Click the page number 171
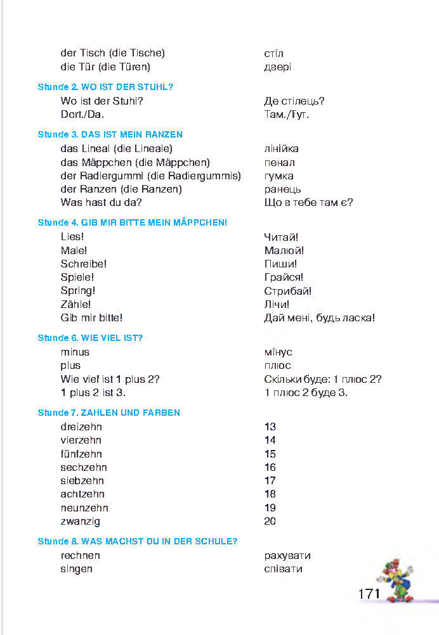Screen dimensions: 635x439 [x=369, y=594]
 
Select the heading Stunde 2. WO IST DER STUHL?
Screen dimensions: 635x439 [x=106, y=87]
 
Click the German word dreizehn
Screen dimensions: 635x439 [x=81, y=427]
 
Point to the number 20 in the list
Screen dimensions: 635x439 [x=270, y=522]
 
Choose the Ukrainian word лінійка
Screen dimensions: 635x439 [x=281, y=148]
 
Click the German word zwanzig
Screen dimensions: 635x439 [x=81, y=522]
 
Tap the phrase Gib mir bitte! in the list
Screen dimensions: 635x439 [x=91, y=317]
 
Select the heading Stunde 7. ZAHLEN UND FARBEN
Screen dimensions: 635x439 [x=109, y=413]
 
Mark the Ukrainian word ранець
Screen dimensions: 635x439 [x=282, y=189]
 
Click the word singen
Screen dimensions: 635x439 [x=77, y=568]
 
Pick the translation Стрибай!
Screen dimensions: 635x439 [x=287, y=291]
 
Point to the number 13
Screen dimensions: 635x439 [x=270, y=427]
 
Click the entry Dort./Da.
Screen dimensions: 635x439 [x=82, y=114]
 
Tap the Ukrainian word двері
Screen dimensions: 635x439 [x=278, y=67]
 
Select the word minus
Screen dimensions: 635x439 [x=75, y=352]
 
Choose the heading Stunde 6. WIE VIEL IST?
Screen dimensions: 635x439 [x=90, y=338]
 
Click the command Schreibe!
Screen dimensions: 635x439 [x=84, y=264]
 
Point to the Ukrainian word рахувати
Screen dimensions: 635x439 [x=287, y=555]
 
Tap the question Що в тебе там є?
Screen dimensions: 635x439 [x=308, y=202]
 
